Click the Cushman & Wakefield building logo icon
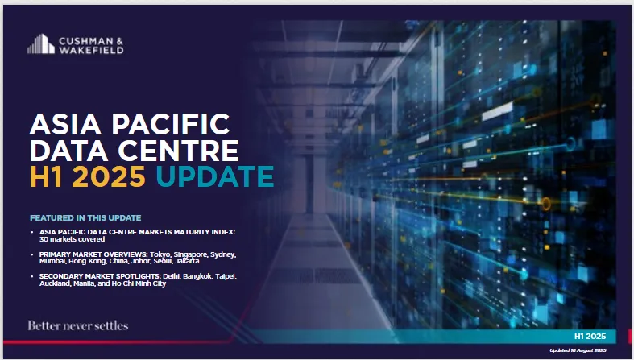[x=41, y=43]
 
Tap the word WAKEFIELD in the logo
[x=91, y=50]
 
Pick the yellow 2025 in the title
[x=109, y=176]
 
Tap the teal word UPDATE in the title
[x=215, y=176]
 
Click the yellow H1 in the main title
[x=46, y=176]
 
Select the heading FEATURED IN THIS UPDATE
[x=85, y=217]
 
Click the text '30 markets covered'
[x=72, y=239]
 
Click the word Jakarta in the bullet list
[x=187, y=261]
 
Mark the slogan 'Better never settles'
[x=78, y=325]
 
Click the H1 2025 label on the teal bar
[x=590, y=336]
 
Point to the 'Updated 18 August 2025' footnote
[x=578, y=350]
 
